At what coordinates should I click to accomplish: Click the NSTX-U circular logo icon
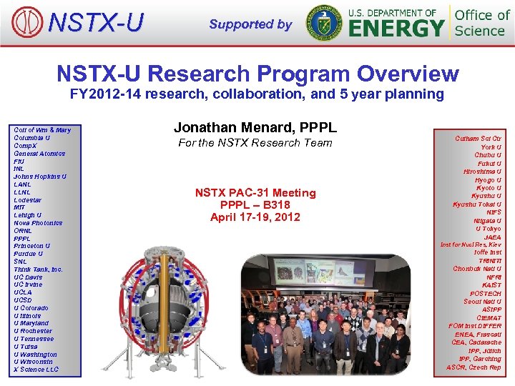[x=28, y=22]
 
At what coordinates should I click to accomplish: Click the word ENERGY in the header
[x=396, y=29]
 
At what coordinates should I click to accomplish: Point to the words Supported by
[x=250, y=24]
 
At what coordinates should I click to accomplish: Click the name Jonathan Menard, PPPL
[x=255, y=127]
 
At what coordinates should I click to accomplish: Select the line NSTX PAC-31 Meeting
[x=255, y=192]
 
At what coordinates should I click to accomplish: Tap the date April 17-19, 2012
[x=255, y=217]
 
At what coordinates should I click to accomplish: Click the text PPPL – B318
[x=255, y=204]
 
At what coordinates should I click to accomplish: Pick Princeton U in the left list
[x=32, y=246]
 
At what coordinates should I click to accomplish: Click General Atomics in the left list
[x=39, y=153]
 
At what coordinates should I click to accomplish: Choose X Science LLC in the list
[x=36, y=370]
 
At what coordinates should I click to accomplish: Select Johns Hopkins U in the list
[x=40, y=177]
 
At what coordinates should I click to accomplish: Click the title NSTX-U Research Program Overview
[x=257, y=73]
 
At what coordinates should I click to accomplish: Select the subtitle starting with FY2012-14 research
[x=257, y=94]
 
